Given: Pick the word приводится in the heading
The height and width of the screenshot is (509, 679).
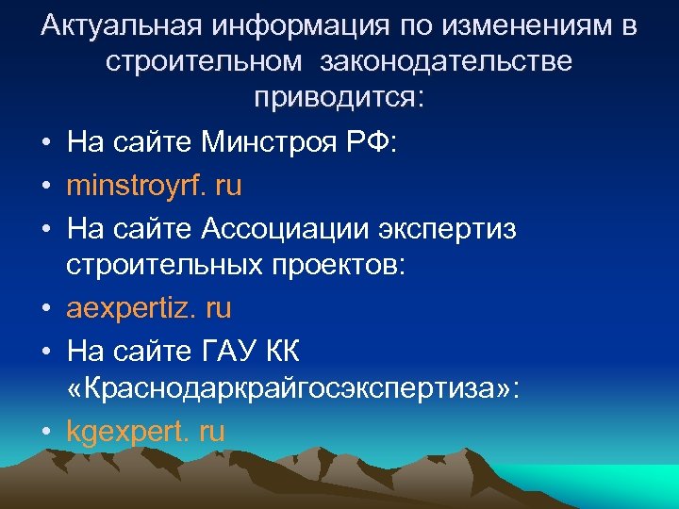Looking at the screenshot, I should click(335, 99).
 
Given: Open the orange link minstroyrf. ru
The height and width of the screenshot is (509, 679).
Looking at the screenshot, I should click(154, 186).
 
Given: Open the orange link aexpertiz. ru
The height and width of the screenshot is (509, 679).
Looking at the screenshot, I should click(149, 308).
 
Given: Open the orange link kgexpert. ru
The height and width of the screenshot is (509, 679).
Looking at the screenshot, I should click(146, 432).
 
